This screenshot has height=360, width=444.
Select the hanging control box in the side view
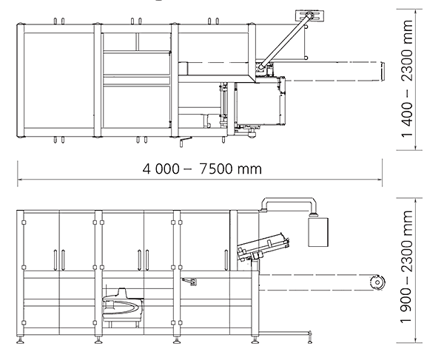(317, 231)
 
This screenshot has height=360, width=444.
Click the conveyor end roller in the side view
(377, 282)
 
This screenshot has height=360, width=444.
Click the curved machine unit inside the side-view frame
(122, 304)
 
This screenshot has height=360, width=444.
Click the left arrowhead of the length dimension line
(20, 179)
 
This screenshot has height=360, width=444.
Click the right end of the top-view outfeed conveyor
(382, 71)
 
